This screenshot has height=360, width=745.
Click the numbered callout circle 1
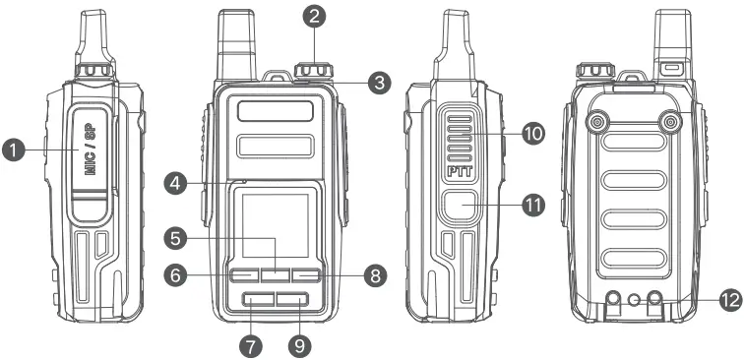coord(14,150)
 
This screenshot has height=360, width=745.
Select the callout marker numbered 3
coord(379,84)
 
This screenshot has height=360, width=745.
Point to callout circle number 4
coord(176,183)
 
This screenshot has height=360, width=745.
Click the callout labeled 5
coord(175,237)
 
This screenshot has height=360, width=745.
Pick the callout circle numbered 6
coord(175,276)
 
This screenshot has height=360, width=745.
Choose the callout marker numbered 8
coord(373,276)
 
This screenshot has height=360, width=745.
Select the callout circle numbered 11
coord(532,206)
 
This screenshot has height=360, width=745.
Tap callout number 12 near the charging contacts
coord(728,301)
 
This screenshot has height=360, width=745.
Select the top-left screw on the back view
coord(594,122)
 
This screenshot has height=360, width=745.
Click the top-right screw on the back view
coord(671,122)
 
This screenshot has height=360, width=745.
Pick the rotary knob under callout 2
coord(314,73)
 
